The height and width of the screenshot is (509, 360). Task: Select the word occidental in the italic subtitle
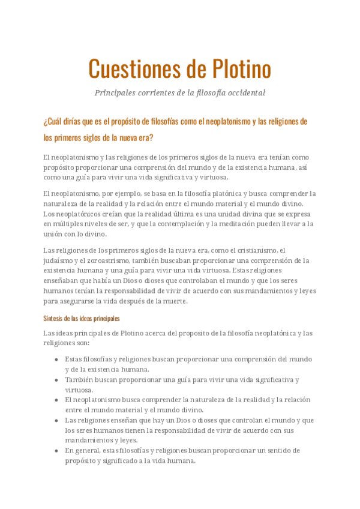pos(242,93)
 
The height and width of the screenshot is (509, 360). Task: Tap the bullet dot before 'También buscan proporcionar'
pos(56,379)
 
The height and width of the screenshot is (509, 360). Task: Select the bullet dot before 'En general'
pos(56,450)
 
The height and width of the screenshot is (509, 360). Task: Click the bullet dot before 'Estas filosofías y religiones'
pos(56,359)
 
